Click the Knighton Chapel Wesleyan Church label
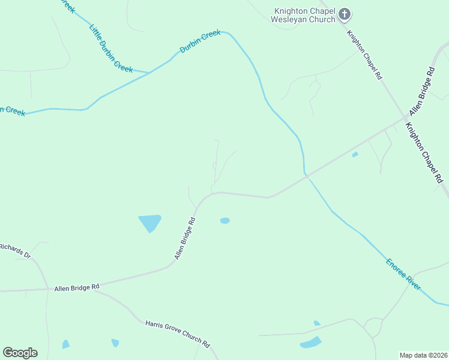(x=305, y=14)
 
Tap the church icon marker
(x=345, y=13)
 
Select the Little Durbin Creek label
(x=111, y=48)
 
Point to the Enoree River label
(x=403, y=275)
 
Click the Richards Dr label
(x=15, y=250)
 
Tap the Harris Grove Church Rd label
(x=178, y=334)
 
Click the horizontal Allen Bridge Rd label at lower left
(x=76, y=288)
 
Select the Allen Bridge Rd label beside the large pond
(x=185, y=239)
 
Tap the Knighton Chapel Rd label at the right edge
(x=424, y=152)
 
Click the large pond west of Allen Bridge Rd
(x=150, y=223)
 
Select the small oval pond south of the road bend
(x=224, y=221)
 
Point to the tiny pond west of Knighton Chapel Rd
(x=355, y=155)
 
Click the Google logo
(x=20, y=353)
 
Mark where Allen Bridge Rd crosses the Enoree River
(x=306, y=175)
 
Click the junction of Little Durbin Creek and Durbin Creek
(x=149, y=73)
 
